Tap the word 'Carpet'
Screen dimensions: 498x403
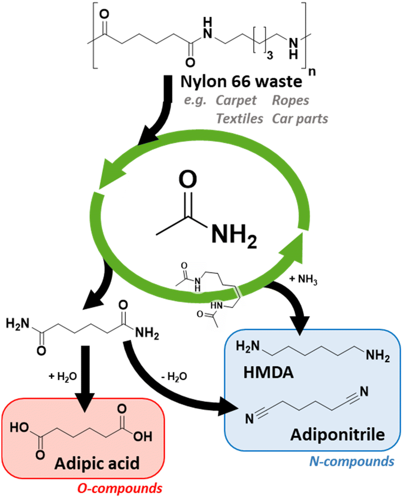point(235,101)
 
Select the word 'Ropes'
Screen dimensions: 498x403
point(290,101)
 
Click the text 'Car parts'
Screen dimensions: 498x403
point(300,118)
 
